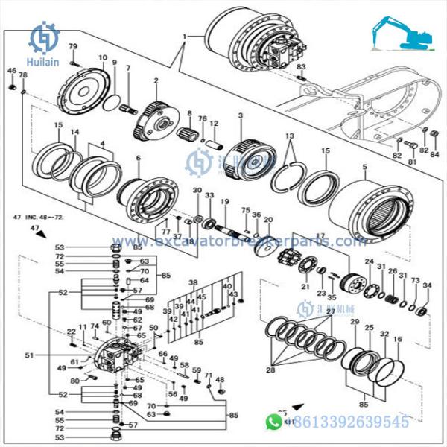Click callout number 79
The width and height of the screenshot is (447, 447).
click(73, 47)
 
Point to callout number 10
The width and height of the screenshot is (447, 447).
click(102, 57)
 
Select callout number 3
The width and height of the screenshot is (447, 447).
click(241, 116)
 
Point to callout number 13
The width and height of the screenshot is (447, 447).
click(290, 137)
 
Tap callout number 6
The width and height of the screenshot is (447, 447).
click(139, 159)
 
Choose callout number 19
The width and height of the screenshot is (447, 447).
click(224, 202)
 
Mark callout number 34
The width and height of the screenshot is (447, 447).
click(427, 285)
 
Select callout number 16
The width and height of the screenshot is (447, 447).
click(397, 339)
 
